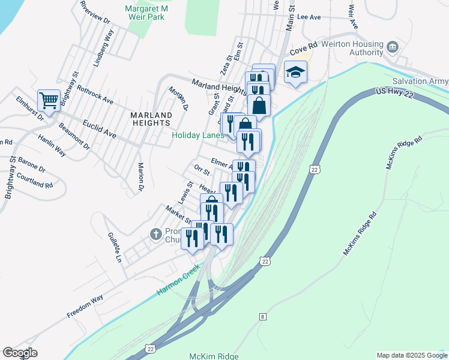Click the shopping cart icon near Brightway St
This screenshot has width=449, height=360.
[48, 100]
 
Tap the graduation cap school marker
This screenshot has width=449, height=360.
[295, 73]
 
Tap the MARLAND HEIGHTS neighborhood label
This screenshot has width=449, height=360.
[151, 118]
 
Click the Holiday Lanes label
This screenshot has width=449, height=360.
[197, 136]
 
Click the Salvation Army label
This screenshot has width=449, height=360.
[420, 82]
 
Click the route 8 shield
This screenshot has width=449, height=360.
[262, 316]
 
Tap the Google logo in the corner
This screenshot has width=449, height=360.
[20, 353]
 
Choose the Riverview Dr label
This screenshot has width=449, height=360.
[96, 11]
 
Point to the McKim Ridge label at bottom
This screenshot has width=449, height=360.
[214, 356]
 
